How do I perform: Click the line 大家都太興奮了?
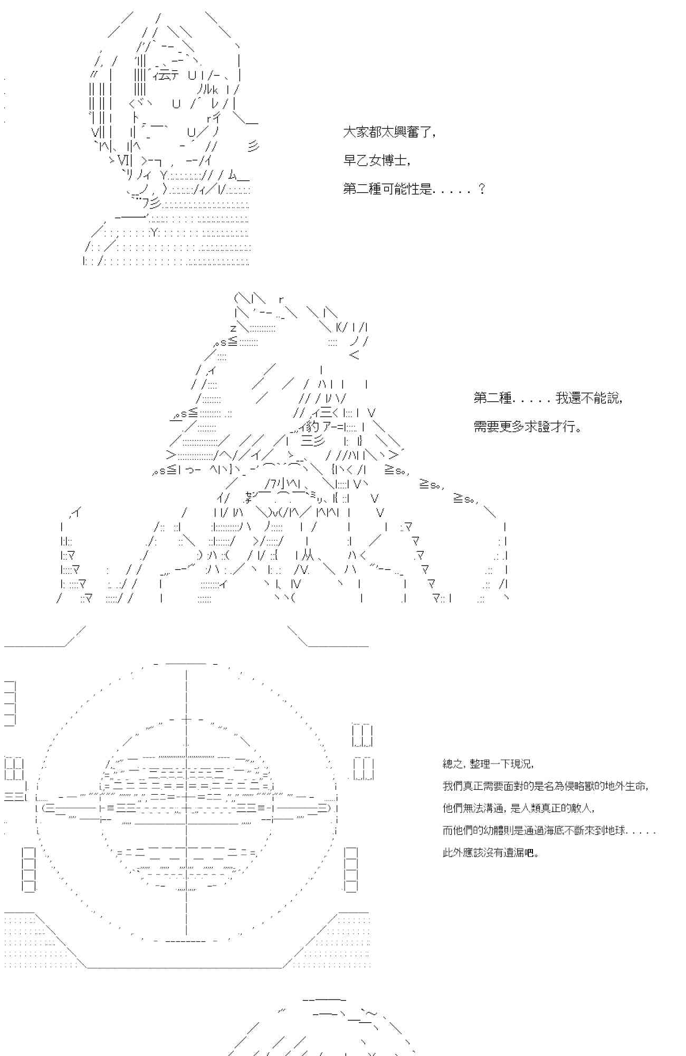click(389, 132)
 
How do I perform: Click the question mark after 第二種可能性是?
click(481, 188)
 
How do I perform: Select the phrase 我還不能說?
click(588, 398)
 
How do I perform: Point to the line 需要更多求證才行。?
click(528, 427)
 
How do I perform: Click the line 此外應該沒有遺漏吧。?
click(491, 853)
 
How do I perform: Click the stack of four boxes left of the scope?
click(29, 870)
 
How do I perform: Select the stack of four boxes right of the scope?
click(351, 870)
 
